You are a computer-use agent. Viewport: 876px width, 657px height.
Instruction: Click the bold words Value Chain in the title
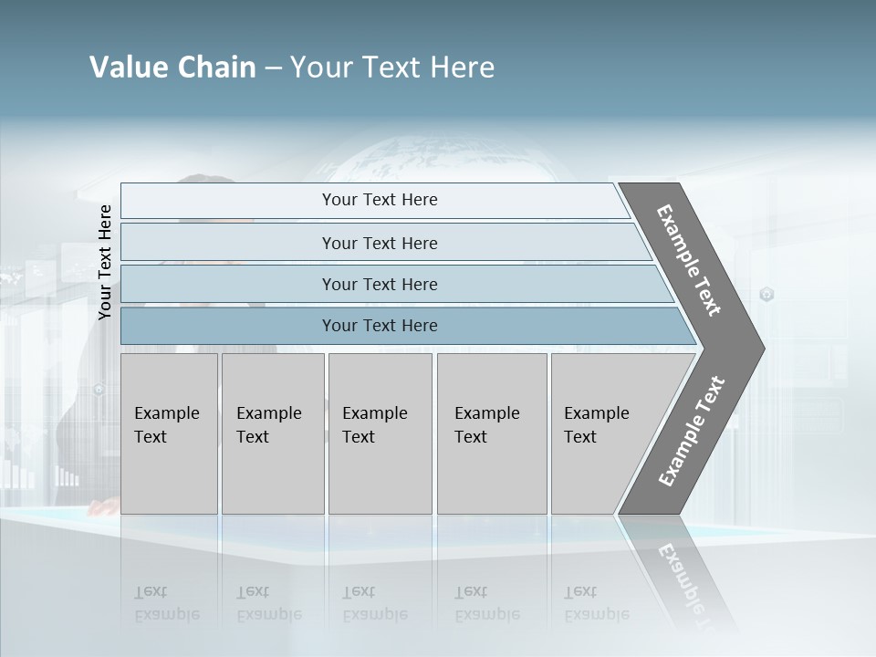(x=172, y=68)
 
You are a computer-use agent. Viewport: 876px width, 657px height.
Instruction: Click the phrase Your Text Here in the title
(x=392, y=68)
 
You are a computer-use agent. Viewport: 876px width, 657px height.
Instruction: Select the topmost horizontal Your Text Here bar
(x=379, y=200)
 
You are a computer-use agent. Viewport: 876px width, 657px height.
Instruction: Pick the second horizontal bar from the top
(x=379, y=243)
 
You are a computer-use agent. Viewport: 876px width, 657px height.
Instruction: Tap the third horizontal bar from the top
(x=379, y=284)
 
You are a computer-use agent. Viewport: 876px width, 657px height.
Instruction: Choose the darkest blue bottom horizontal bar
(x=379, y=326)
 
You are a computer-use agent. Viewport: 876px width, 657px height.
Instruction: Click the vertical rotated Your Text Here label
(x=105, y=262)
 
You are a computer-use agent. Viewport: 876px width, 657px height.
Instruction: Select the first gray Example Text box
(x=169, y=433)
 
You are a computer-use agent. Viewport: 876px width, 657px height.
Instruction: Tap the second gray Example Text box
(x=272, y=433)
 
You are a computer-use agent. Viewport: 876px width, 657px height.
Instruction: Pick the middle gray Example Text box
(x=380, y=433)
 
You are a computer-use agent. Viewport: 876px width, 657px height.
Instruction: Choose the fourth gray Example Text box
(x=492, y=433)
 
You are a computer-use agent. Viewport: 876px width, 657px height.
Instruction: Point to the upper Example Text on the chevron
(x=689, y=260)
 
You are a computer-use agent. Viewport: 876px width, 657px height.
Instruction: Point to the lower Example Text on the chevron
(x=692, y=432)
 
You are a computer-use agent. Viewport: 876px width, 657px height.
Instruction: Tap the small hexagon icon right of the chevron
(x=766, y=294)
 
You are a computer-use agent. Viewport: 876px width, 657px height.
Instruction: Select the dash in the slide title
(x=273, y=68)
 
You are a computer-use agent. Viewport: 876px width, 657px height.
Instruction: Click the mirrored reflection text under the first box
(x=166, y=603)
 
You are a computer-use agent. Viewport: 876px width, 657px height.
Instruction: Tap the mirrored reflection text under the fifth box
(x=596, y=603)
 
